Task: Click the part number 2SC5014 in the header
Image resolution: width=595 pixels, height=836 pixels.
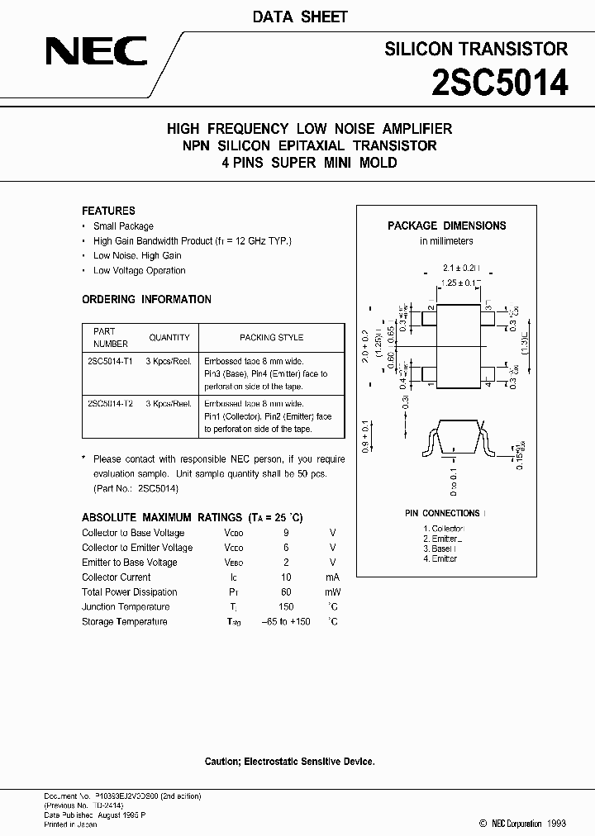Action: tap(500, 82)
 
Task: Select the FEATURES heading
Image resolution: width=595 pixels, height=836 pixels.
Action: tap(108, 211)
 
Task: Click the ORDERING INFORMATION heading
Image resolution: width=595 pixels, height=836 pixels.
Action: tap(146, 299)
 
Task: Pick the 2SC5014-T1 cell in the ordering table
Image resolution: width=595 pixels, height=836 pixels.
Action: tap(110, 362)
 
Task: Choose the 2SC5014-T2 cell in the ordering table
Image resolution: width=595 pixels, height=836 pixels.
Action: tap(110, 403)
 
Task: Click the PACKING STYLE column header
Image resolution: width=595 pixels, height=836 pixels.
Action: tap(271, 337)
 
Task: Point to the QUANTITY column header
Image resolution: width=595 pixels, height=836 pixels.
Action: tap(169, 337)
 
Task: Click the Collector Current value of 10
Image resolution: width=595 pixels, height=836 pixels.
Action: tap(286, 577)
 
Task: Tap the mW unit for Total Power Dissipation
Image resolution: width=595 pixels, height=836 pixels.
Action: tap(332, 591)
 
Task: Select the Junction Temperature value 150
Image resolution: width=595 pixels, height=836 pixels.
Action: tap(286, 606)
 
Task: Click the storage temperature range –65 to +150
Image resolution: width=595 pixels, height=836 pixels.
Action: tap(286, 621)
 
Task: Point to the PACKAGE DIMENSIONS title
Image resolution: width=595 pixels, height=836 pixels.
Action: tap(446, 226)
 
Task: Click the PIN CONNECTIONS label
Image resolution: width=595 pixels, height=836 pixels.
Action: tap(443, 513)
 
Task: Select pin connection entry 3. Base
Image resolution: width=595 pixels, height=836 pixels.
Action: tap(439, 549)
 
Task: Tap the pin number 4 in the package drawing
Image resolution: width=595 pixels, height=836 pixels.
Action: tap(488, 384)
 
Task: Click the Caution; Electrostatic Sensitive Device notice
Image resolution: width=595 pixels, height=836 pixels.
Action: tap(289, 761)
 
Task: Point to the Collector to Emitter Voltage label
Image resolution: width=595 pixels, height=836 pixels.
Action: tap(137, 547)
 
